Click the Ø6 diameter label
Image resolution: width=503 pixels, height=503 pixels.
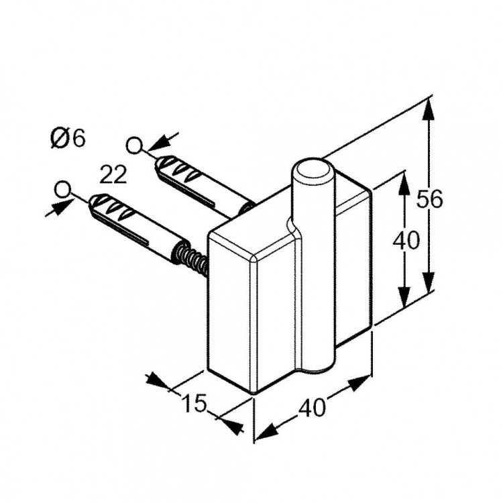[x=68, y=139]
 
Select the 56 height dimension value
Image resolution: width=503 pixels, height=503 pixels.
[x=429, y=201]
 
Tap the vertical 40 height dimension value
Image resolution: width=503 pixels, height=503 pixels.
[x=405, y=240]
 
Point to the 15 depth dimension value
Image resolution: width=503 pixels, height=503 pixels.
[x=193, y=403]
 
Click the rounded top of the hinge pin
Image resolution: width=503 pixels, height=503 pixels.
[x=313, y=170]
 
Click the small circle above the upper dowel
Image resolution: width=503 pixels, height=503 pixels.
[x=134, y=145]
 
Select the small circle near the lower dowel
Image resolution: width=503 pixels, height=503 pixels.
[x=63, y=190]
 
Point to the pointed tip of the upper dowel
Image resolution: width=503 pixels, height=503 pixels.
[x=158, y=161]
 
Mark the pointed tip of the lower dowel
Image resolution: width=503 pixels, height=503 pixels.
[x=92, y=200]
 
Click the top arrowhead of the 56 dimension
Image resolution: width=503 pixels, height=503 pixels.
[x=429, y=111]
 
